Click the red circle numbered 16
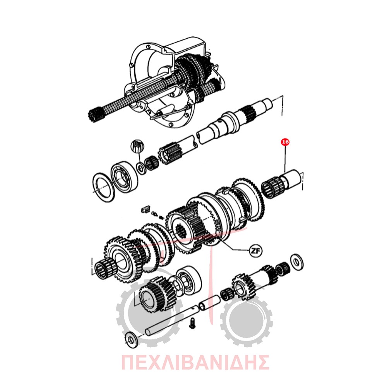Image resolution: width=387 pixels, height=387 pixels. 285,142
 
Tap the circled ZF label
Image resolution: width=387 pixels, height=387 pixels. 255,251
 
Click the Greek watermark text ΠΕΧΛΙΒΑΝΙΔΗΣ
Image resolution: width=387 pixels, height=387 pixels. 195,362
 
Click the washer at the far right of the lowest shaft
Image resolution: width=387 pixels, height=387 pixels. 297,262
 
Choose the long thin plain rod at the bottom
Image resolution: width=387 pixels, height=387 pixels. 171,320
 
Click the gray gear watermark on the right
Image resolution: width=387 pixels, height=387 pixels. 246,319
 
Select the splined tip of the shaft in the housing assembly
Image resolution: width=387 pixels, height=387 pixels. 95,114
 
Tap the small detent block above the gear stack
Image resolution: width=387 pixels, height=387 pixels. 145,210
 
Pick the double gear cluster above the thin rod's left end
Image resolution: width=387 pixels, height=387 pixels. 158,294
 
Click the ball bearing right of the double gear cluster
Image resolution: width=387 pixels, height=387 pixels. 188,280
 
